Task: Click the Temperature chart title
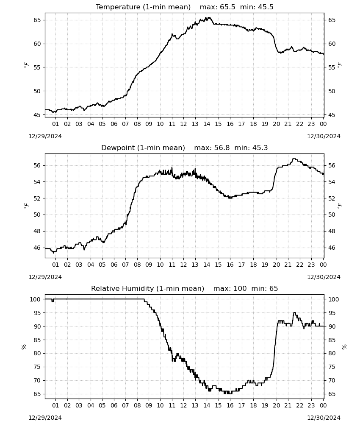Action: pyautogui.click(x=185, y=7)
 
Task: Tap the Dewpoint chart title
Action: pyautogui.click(x=185, y=148)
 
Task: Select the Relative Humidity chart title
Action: pyautogui.click(x=185, y=288)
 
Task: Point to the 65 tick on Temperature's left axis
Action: pyautogui.click(x=37, y=20)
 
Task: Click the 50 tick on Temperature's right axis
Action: pyautogui.click(x=332, y=91)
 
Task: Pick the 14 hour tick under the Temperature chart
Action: pyautogui.click(x=207, y=124)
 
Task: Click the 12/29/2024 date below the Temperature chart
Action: pyautogui.click(x=45, y=136)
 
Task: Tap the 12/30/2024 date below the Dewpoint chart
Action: pyautogui.click(x=324, y=277)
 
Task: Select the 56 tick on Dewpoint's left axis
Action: pyautogui.click(x=37, y=165)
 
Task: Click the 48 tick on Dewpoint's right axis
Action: pyautogui.click(x=332, y=231)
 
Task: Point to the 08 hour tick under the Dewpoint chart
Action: pyautogui.click(x=137, y=265)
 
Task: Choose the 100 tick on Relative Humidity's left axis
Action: pyautogui.click(x=36, y=299)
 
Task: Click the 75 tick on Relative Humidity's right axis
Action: pyautogui.click(x=332, y=367)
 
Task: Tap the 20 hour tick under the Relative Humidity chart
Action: pyautogui.click(x=276, y=405)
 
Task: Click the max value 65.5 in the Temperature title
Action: pyautogui.click(x=227, y=7)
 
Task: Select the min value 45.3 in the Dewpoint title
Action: pyautogui.click(x=260, y=148)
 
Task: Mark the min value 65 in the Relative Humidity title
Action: pyautogui.click(x=274, y=288)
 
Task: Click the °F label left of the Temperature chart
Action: pyautogui.click(x=26, y=65)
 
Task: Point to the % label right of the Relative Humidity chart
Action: pyautogui.click(x=344, y=347)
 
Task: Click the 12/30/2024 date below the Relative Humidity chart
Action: pyautogui.click(x=324, y=418)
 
